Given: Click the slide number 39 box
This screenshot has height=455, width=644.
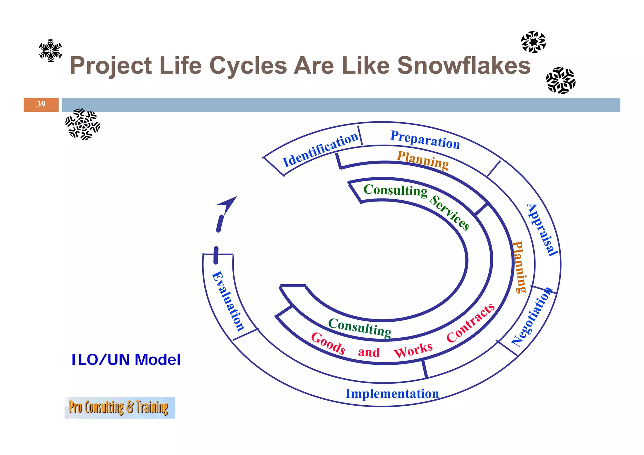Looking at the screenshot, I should coord(41,105).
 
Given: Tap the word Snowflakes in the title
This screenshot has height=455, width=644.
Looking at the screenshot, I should coord(464,66).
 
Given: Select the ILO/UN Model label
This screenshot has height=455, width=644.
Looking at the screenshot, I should coord(126,360).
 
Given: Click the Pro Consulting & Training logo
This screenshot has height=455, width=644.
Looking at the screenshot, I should coord(119,408).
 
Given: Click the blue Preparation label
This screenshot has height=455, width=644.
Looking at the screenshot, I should coord(425,140).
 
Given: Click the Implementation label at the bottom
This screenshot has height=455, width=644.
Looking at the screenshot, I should coord(392,394).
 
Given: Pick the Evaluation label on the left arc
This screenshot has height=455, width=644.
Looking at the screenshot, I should coord(228,301).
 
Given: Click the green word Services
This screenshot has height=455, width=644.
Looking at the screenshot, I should coord(450,213).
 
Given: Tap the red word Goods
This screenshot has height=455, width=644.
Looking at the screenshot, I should coord(328,343).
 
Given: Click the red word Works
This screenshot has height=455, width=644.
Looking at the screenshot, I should coord(413,350).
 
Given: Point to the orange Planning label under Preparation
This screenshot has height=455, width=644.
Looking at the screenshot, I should coord(423,160).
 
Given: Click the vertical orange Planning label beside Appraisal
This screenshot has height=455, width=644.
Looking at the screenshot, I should coord(519,267).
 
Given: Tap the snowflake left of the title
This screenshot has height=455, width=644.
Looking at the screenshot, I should coord(50,51).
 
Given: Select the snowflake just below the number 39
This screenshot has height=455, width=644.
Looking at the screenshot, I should coord(82,124).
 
